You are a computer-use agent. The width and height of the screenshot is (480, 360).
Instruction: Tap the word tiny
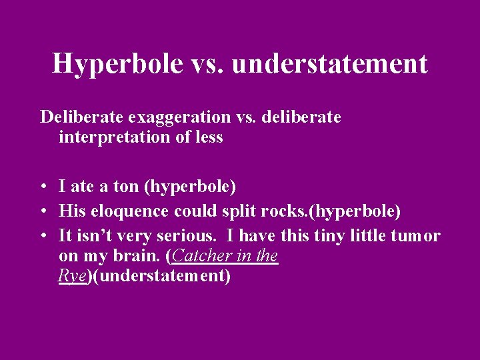point(315,235)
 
